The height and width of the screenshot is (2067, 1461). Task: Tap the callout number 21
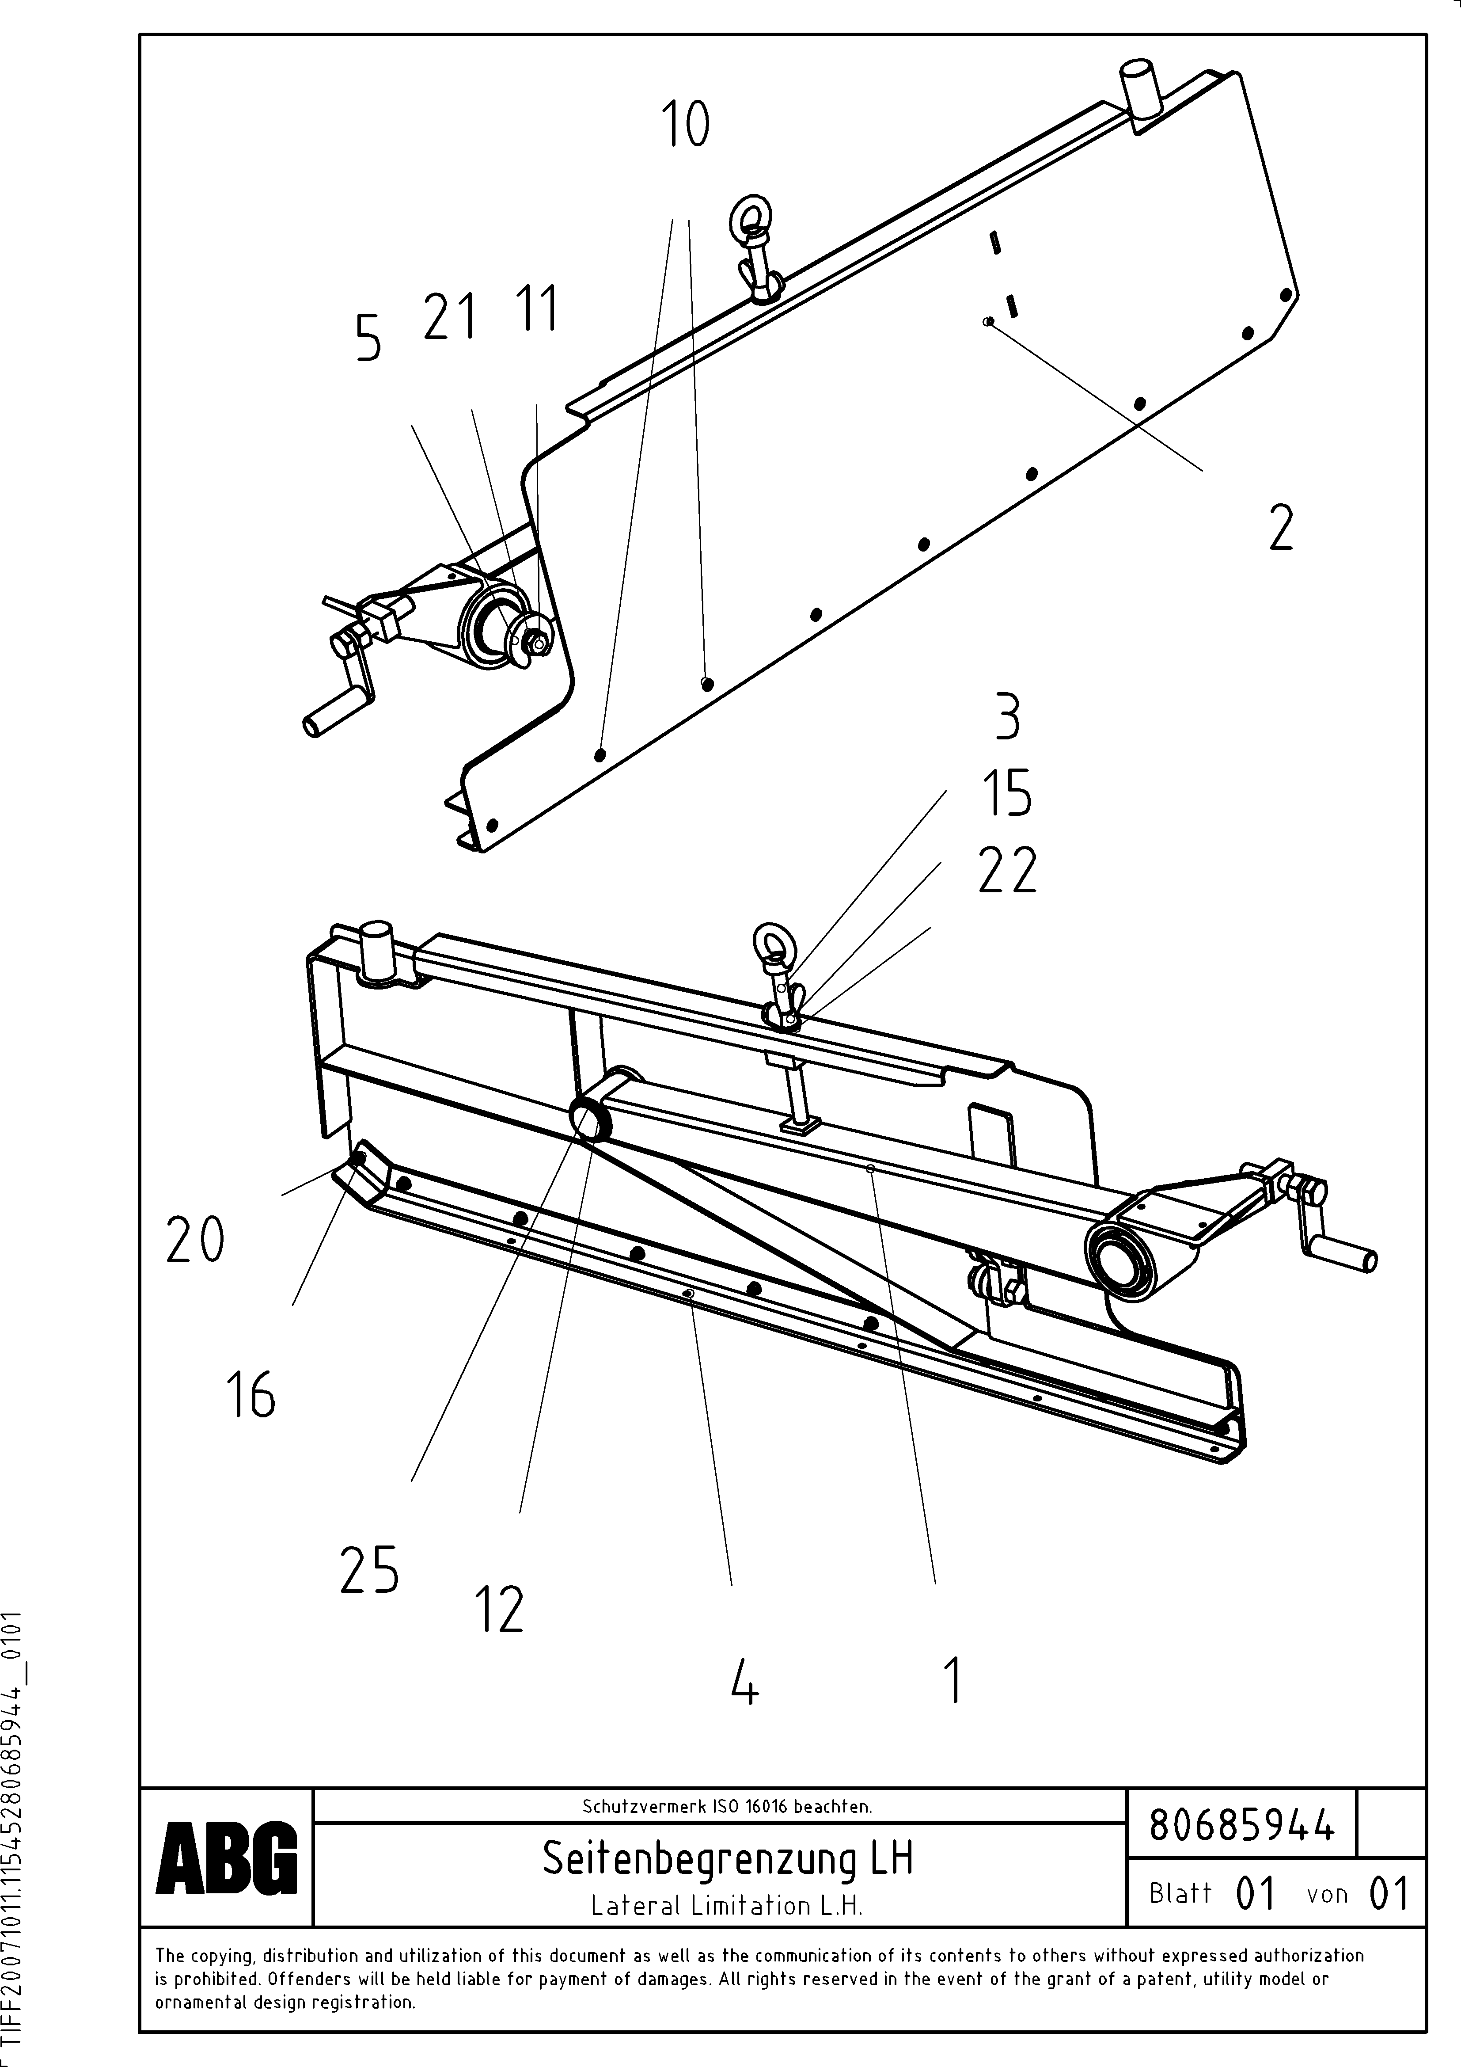tap(449, 318)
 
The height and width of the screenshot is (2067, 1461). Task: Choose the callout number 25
tap(369, 1570)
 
